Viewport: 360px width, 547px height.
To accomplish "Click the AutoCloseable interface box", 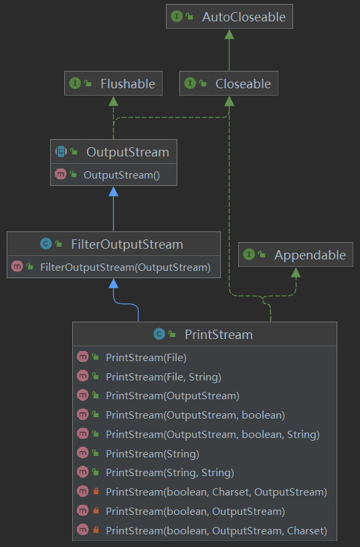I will point(229,17).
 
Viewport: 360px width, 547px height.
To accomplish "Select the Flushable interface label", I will point(127,84).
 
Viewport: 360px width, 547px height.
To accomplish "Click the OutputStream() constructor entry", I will point(120,175).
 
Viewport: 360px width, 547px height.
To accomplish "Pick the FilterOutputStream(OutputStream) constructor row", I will point(124,267).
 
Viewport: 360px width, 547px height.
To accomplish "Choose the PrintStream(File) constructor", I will point(146,357).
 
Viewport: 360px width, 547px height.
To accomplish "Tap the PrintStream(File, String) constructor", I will point(163,376).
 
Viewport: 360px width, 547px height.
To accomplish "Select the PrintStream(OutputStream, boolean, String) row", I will point(212,434).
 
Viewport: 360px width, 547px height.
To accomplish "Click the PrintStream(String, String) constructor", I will point(169,473).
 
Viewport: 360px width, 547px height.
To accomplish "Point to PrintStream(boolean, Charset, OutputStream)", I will point(215,492).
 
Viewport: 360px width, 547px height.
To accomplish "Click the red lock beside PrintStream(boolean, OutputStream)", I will point(96,512).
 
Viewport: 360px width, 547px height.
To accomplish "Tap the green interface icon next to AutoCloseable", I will point(177,17).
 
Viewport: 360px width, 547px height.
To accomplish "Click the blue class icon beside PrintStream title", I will point(159,334).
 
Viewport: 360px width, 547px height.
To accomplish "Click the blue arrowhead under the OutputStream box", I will point(114,192).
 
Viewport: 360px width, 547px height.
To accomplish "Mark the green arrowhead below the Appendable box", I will point(295,272).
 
